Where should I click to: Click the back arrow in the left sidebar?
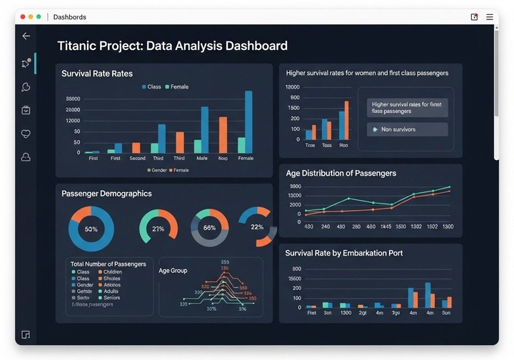(26, 36)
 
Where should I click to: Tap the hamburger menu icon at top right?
(490, 16)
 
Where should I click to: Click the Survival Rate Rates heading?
(97, 74)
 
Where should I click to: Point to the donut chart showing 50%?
(91, 229)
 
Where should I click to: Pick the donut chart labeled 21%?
(158, 229)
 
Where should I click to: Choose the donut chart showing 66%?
(210, 228)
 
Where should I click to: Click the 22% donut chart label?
(258, 227)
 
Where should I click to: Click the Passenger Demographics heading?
(106, 194)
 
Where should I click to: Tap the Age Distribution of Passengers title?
(341, 173)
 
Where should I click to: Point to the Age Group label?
(173, 271)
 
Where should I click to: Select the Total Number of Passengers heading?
(109, 264)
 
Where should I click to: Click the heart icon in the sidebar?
(26, 134)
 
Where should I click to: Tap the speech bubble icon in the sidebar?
(26, 87)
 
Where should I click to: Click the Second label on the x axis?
(138, 159)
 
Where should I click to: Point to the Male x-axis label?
(202, 159)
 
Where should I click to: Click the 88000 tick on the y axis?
(73, 99)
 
